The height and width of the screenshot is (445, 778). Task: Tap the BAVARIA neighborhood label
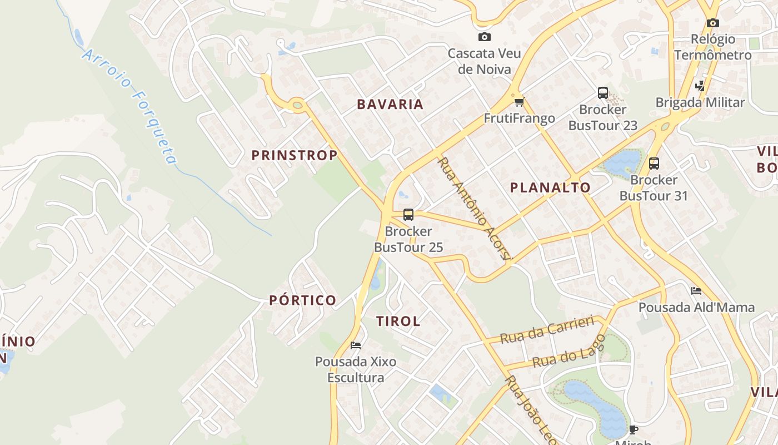pos(390,104)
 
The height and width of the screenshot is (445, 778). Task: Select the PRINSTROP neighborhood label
pos(295,155)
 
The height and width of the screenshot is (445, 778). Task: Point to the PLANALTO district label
pos(551,187)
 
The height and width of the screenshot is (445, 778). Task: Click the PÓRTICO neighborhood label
pos(303,300)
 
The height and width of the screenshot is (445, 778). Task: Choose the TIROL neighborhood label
pos(398,321)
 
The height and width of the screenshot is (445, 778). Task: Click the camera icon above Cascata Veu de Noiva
pos(485,37)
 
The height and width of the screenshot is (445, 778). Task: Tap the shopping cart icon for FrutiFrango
pos(519,102)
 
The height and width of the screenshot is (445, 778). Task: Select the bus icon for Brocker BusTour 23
pos(603,93)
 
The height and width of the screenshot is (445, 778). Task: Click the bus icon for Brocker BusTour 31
pos(654,164)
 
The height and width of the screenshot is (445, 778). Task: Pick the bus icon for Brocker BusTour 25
pos(408,215)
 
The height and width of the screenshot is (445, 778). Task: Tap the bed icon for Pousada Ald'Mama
pos(696,291)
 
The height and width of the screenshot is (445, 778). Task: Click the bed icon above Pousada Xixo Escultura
pos(356,345)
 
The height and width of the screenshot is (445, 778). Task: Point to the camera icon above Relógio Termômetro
pos(712,23)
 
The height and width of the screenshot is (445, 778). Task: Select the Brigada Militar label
pos(700,102)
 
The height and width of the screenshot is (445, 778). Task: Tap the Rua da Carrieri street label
pos(547,330)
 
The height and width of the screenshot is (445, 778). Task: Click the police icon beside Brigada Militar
pos(700,86)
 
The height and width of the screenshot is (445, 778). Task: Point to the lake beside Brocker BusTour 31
pos(624,161)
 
